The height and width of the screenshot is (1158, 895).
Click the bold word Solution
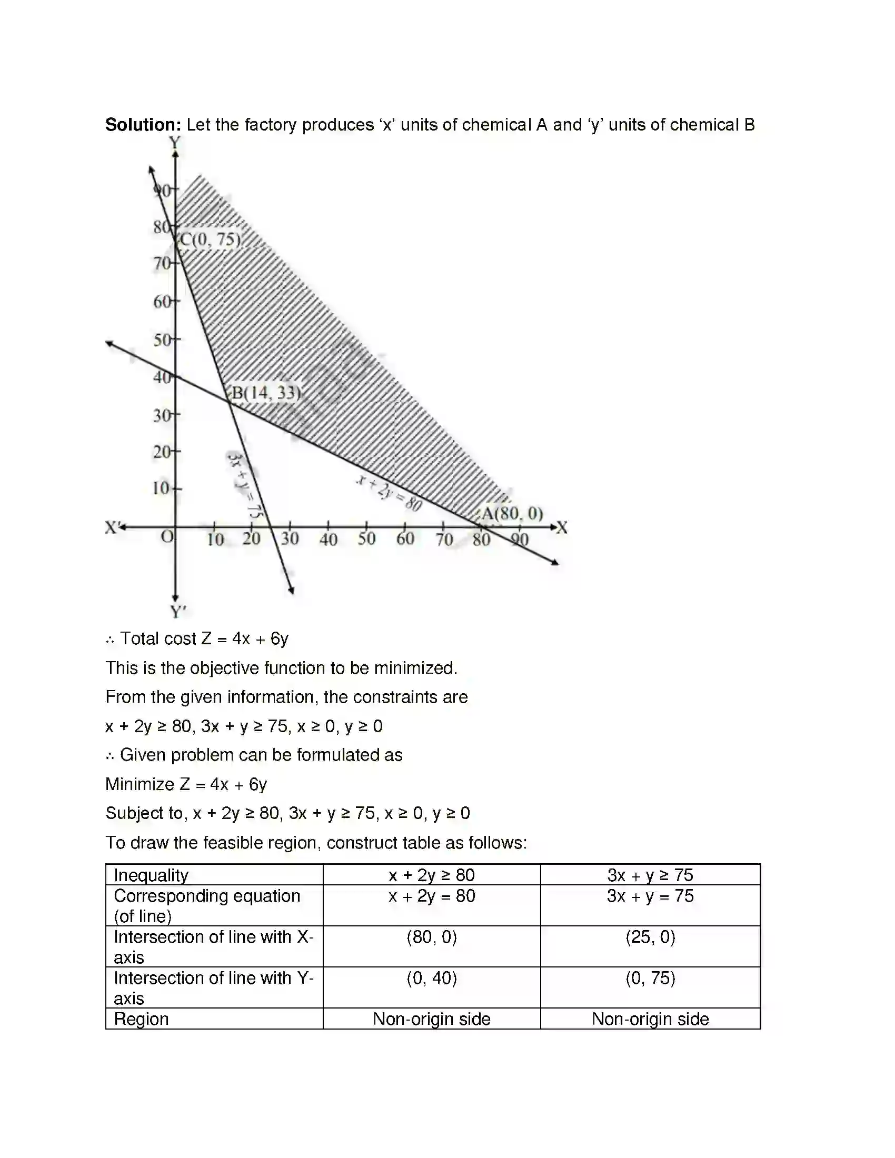pyautogui.click(x=143, y=125)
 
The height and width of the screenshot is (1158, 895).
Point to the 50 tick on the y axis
pyautogui.click(x=163, y=340)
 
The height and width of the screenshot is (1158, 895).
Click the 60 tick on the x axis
pyautogui.click(x=405, y=538)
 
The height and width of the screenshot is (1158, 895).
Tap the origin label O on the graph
pyautogui.click(x=167, y=536)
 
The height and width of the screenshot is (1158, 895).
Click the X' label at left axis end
pyautogui.click(x=113, y=527)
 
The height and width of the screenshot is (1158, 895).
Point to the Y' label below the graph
pyautogui.click(x=178, y=612)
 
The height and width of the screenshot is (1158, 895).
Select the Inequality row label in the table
pyautogui.click(x=151, y=875)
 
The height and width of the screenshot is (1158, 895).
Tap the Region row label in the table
pyautogui.click(x=141, y=1019)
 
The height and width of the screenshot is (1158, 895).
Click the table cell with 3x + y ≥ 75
pyautogui.click(x=650, y=875)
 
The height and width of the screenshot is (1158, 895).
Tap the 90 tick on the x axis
pyautogui.click(x=520, y=539)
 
